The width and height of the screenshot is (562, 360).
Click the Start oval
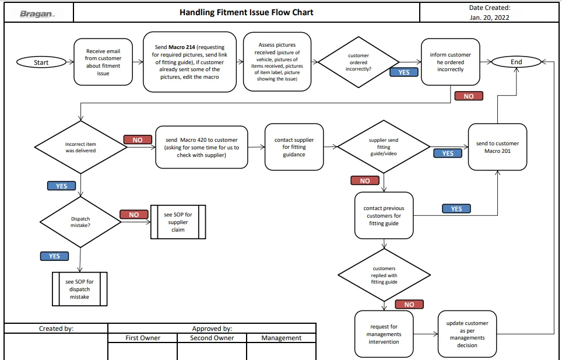pyautogui.click(x=41, y=62)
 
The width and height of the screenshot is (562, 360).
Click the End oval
pyautogui.click(x=516, y=62)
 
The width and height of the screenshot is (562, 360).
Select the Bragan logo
pyautogui.click(x=37, y=13)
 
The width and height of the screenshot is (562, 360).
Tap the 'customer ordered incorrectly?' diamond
pyautogui.click(x=359, y=62)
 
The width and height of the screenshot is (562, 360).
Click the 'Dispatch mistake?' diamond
pyautogui.click(x=80, y=222)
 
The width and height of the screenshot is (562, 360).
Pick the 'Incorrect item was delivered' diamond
pyautogui.click(x=80, y=147)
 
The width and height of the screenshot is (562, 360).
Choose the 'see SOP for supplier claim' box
pyautogui.click(x=178, y=222)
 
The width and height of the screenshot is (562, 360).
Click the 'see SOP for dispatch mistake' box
pyautogui.click(x=79, y=289)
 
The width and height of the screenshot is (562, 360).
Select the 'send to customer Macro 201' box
pyautogui.click(x=497, y=147)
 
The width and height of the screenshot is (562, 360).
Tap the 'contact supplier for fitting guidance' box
pyautogui.click(x=294, y=147)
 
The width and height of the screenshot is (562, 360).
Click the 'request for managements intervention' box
pyautogui.click(x=384, y=334)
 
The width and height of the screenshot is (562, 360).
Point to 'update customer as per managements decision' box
pyautogui.click(x=467, y=334)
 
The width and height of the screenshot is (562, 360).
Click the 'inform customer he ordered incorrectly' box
pyautogui.click(x=451, y=62)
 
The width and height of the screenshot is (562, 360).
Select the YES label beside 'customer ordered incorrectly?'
pyautogui.click(x=404, y=72)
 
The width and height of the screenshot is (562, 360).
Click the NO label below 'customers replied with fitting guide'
pyautogui.click(x=409, y=305)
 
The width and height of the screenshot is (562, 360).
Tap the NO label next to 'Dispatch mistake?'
pyautogui.click(x=134, y=214)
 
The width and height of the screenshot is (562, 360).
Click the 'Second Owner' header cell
pyautogui.click(x=212, y=338)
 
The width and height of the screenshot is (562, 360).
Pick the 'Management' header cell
pyautogui.click(x=282, y=338)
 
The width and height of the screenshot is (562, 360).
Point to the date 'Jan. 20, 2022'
pyautogui.click(x=489, y=17)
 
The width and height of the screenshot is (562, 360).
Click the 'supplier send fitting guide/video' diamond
pyautogui.click(x=384, y=146)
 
